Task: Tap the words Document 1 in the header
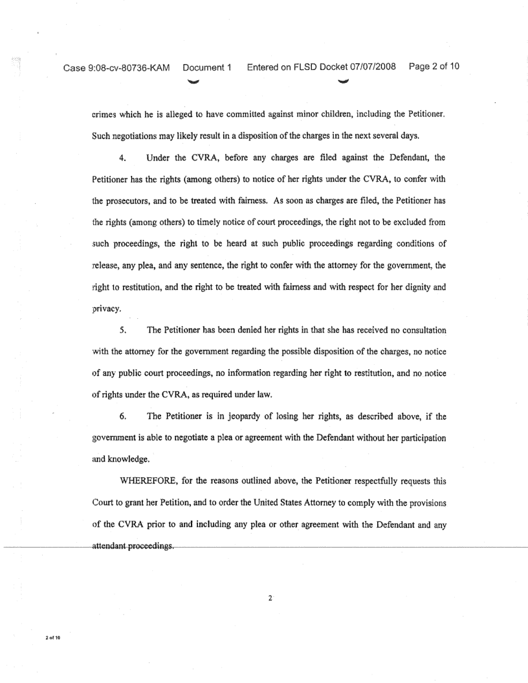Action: (207, 68)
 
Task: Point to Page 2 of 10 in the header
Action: (434, 67)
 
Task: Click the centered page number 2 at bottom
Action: (270, 597)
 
